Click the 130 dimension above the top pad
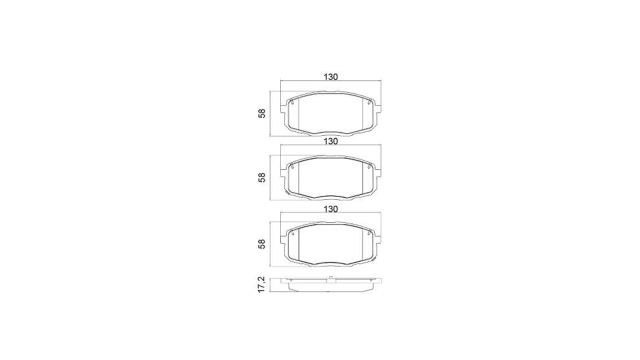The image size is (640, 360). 330,77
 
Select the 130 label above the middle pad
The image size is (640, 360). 330,141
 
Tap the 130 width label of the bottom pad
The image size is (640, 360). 330,209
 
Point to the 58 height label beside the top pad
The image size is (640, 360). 261,113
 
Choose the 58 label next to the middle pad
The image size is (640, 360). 261,177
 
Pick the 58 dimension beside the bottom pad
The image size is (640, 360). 261,243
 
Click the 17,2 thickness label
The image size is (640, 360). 261,284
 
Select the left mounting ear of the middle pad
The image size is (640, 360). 283,173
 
